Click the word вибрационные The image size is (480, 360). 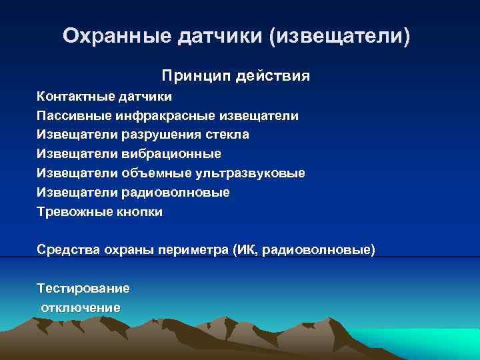click(171, 154)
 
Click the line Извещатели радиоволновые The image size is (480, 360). click(133, 193)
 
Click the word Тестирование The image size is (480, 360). click(83, 289)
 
